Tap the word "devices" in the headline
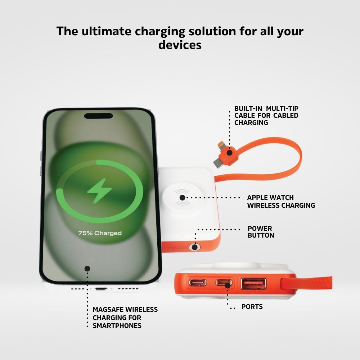(x=180, y=45)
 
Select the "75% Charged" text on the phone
(x=100, y=233)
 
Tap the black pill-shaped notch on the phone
(x=98, y=116)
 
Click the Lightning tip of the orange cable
(x=220, y=145)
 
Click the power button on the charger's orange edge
(x=195, y=247)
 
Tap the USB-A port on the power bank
(x=253, y=284)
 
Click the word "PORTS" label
(x=252, y=307)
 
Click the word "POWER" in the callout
(x=260, y=229)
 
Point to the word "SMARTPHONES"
(x=117, y=326)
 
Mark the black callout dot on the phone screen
(x=87, y=268)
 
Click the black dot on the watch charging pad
(x=183, y=197)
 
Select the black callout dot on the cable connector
(x=229, y=152)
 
